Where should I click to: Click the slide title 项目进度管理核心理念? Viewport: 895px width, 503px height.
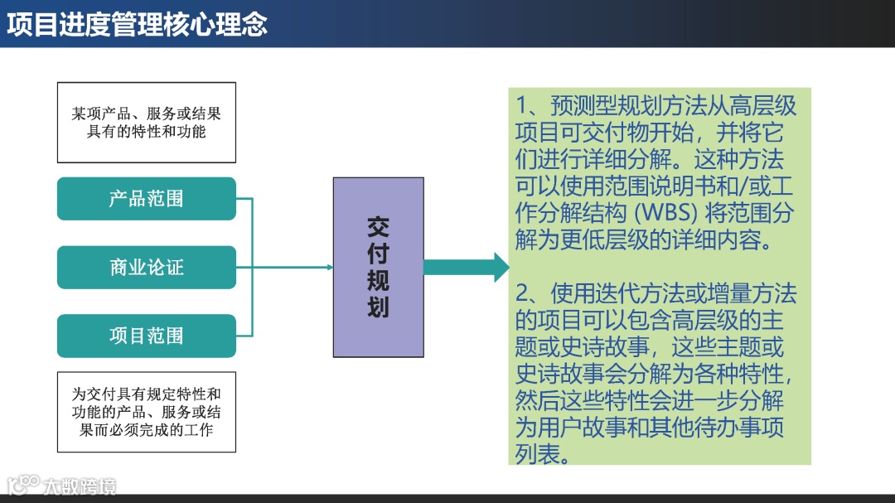138,24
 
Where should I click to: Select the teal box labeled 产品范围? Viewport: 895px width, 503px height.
147,199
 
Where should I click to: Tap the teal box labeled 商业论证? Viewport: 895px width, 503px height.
147,267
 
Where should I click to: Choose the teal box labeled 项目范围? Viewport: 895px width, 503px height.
147,336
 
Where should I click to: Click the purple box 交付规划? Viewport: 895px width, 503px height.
378,267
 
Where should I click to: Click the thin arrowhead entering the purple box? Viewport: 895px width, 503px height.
329,267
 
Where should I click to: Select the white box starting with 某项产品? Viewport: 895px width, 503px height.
147,123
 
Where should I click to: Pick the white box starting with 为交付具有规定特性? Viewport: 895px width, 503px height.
147,412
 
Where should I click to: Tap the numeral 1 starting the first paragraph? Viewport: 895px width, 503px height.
522,106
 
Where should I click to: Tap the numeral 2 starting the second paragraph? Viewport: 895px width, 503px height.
522,293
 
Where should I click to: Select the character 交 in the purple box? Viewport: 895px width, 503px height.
378,227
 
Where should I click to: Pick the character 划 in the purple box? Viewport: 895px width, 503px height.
378,308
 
